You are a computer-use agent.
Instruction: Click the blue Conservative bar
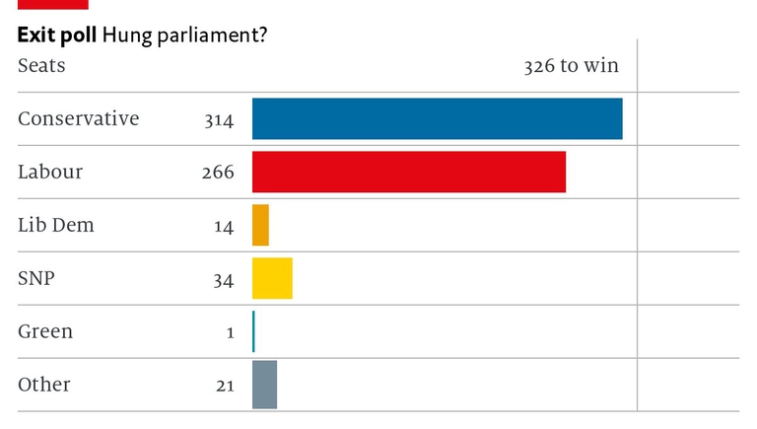pyautogui.click(x=437, y=118)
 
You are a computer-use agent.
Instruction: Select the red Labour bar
pyautogui.click(x=409, y=172)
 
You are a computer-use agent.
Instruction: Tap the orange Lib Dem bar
pyautogui.click(x=260, y=225)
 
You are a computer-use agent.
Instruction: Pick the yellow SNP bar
pyautogui.click(x=272, y=278)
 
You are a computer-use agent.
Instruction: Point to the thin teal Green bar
pyautogui.click(x=253, y=331)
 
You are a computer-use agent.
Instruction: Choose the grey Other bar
pyautogui.click(x=264, y=385)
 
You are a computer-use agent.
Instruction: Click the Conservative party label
pyautogui.click(x=79, y=118)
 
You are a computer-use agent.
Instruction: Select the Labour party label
pyautogui.click(x=50, y=172)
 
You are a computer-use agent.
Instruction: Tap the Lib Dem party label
pyautogui.click(x=56, y=225)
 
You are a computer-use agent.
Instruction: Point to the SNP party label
pyautogui.click(x=36, y=278)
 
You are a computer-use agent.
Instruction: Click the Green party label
pyautogui.click(x=45, y=331)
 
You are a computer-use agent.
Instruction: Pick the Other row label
pyautogui.click(x=44, y=385)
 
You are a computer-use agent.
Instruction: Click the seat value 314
pyautogui.click(x=219, y=120)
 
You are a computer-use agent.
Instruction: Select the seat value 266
pyautogui.click(x=218, y=173)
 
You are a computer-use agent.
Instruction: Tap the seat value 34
pyautogui.click(x=223, y=280)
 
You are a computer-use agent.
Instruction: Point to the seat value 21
pyautogui.click(x=224, y=386)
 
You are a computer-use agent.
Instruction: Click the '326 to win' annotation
pyautogui.click(x=571, y=66)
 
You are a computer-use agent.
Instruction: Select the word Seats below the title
pyautogui.click(x=41, y=66)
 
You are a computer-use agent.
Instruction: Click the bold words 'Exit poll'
pyautogui.click(x=56, y=36)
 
